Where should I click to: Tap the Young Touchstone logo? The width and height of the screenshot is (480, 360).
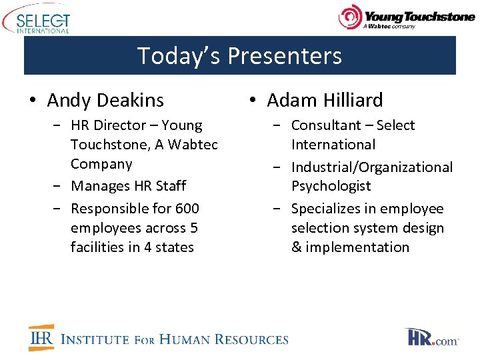point(406,17)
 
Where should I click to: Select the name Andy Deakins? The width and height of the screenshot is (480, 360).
point(105,100)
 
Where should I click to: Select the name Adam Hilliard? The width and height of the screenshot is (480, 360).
point(325,100)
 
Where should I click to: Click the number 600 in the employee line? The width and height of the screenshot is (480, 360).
point(185,209)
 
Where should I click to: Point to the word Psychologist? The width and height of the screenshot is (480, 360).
point(331,186)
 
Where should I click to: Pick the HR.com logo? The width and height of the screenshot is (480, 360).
point(432,337)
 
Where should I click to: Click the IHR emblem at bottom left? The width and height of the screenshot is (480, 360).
point(41,338)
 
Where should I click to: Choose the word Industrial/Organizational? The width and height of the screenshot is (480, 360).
point(371,167)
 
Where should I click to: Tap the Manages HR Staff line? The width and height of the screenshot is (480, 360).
point(128,186)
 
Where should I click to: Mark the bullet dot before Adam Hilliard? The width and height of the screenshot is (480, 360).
point(253,101)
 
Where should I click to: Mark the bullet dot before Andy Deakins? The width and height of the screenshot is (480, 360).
point(33,101)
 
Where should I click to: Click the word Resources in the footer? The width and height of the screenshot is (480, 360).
point(251,339)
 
